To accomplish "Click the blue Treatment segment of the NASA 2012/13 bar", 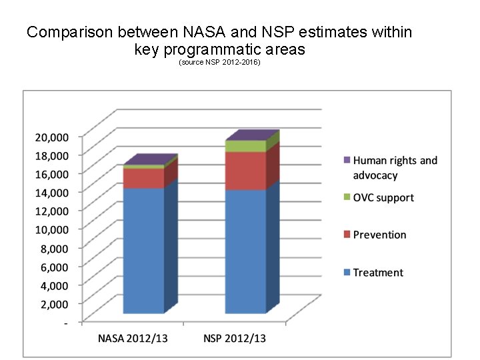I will click(143, 250).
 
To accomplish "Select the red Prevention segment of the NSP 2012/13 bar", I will click(245, 171).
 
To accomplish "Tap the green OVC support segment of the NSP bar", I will click(245, 147).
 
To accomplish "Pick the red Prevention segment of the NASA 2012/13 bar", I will click(143, 179).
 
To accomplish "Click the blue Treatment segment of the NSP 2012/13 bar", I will click(245, 252).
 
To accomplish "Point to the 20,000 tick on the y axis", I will click(51, 137).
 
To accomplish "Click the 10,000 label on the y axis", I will click(51, 229).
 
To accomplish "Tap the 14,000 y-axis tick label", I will click(51, 192).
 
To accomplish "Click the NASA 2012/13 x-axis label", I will click(133, 338).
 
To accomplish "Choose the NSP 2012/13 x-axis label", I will click(235, 338).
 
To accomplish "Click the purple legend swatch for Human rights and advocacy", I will click(346, 161).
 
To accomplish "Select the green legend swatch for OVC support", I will click(346, 198).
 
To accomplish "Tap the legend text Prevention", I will click(379, 235).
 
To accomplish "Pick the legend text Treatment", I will click(378, 272).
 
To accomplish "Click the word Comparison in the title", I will click(70, 32).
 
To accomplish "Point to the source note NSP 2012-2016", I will click(219, 62).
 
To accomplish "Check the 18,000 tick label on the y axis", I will click(51, 155).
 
